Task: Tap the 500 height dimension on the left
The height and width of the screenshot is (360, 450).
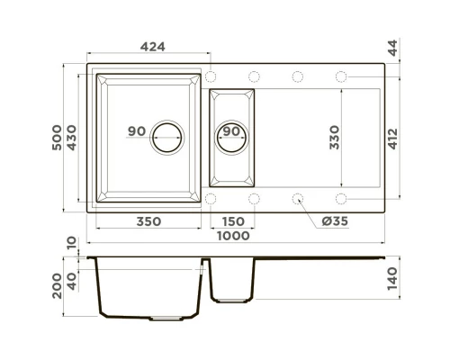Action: pyautogui.click(x=60, y=137)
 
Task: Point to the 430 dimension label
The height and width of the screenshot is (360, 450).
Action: pyautogui.click(x=76, y=137)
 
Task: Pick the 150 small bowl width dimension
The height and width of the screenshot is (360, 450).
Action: pyautogui.click(x=232, y=220)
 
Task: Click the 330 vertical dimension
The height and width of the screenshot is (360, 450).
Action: pyautogui.click(x=335, y=137)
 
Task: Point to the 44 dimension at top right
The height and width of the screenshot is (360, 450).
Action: pyautogui.click(x=393, y=47)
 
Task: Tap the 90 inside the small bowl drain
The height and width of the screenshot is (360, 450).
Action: pyautogui.click(x=231, y=132)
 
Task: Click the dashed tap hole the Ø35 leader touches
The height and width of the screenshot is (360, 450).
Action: pyautogui.click(x=298, y=196)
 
